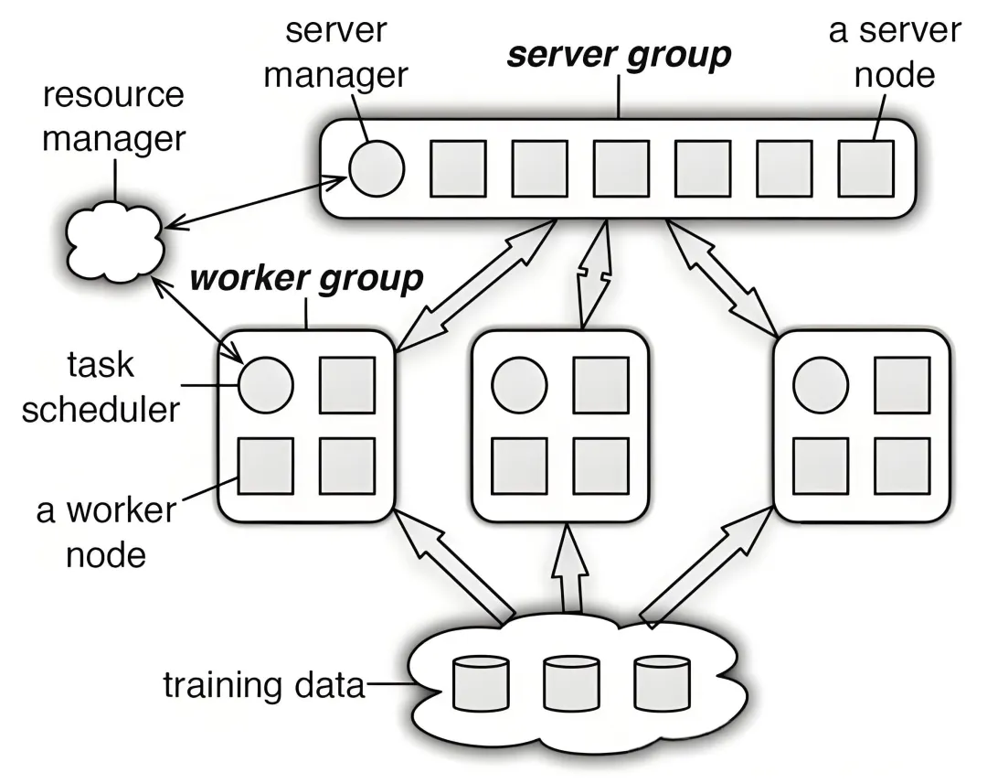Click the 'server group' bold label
(x=620, y=56)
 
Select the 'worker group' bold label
(x=305, y=277)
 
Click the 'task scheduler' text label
(x=101, y=387)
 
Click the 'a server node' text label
(x=895, y=52)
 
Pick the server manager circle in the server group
(x=376, y=168)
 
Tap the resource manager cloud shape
(x=114, y=242)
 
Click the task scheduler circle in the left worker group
(x=266, y=383)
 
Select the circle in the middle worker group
(x=519, y=384)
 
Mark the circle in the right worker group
(x=820, y=384)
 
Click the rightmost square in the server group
(x=865, y=168)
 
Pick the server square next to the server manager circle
(x=458, y=168)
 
